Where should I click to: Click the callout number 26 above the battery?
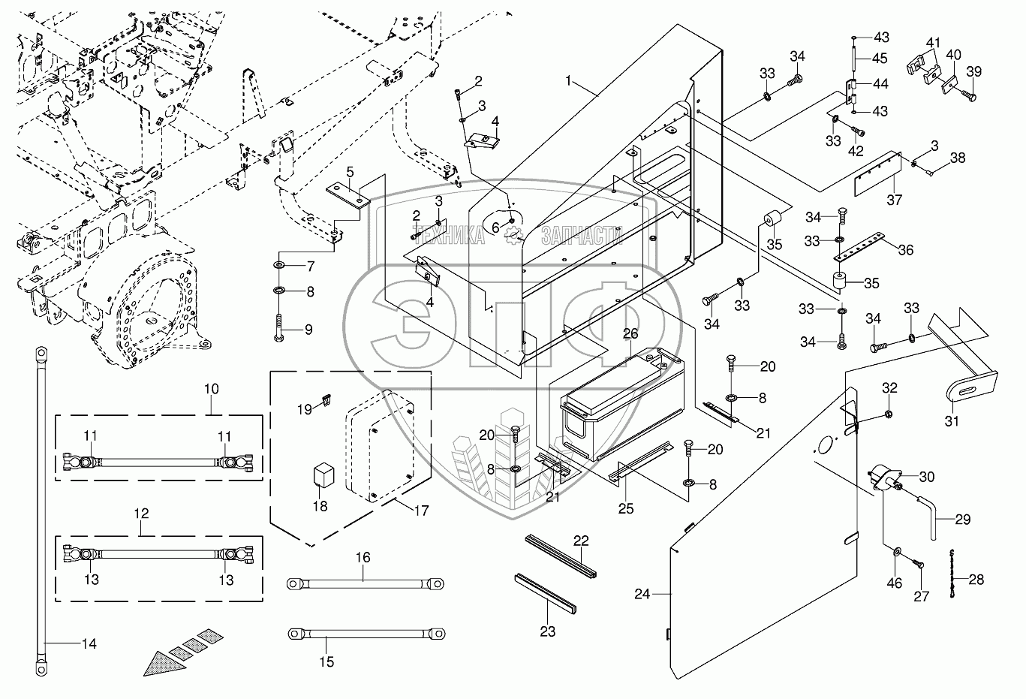click(x=630, y=333)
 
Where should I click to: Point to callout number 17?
click(x=421, y=511)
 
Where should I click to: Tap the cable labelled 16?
click(x=363, y=582)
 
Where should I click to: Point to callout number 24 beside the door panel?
click(x=641, y=594)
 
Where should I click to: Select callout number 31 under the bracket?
click(x=952, y=420)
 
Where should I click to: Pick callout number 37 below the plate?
click(x=894, y=200)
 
